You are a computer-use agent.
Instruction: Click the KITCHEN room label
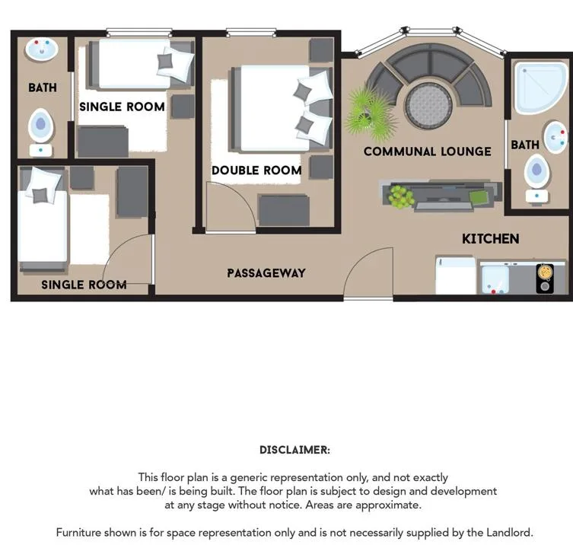(490, 239)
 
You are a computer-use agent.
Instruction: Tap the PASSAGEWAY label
(266, 273)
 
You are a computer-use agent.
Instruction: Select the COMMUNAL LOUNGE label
(427, 151)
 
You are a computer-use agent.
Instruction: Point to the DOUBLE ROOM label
(256, 170)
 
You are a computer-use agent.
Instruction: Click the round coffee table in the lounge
(428, 105)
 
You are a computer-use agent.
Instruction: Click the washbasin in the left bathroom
(42, 49)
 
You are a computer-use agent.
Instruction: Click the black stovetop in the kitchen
(545, 279)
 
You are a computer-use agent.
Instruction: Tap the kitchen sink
(495, 279)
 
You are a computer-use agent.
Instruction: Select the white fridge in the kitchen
(456, 276)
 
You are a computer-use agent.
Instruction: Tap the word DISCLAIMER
(294, 450)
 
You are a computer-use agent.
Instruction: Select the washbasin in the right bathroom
(555, 137)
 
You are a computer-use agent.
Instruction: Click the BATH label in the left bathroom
(43, 88)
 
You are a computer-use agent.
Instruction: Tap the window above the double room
(251, 32)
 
